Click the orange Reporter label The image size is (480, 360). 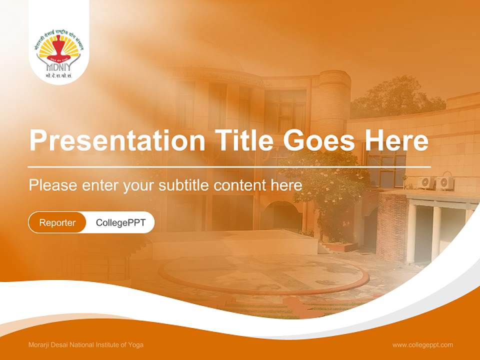57,222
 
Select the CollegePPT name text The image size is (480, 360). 120,222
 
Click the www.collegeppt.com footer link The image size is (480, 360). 422,344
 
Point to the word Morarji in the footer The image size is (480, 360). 40,344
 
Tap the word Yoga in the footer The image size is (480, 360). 135,344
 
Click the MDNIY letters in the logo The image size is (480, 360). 59,66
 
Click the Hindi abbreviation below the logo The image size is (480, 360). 59,76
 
